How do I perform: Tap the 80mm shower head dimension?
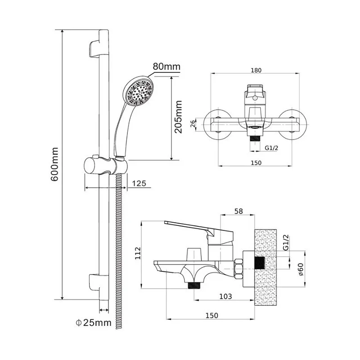pyautogui.click(x=166, y=67)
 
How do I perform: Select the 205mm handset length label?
pyautogui.click(x=179, y=117)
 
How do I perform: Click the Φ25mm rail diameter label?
pyautogui.click(x=94, y=322)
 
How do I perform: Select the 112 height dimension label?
pyautogui.click(x=138, y=255)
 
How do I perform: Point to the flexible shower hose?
pyautogui.click(x=119, y=252)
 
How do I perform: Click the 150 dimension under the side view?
pyautogui.click(x=211, y=315)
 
